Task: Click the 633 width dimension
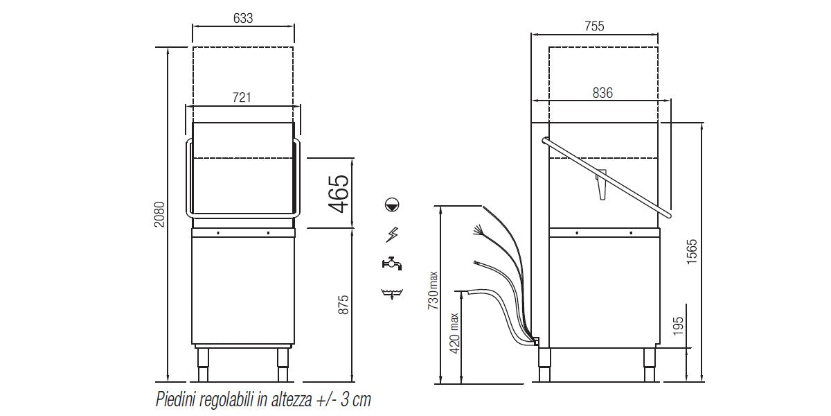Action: tap(243, 18)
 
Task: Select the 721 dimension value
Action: tap(242, 97)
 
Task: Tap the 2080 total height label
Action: tap(159, 214)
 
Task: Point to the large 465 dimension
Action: tap(339, 193)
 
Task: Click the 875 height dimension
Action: tap(343, 304)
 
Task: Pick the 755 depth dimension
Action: tap(594, 26)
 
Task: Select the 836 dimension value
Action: tap(602, 92)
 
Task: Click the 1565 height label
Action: tap(692, 252)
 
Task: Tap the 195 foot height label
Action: tap(678, 326)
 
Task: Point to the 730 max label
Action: tap(433, 291)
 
